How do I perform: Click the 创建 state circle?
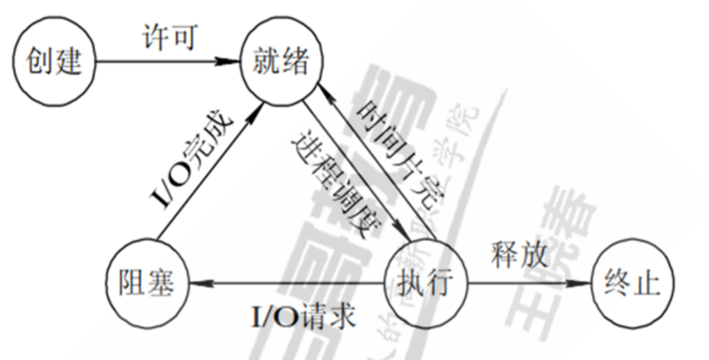[x=55, y=61]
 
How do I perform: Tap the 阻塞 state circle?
[x=146, y=282]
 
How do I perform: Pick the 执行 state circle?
[x=427, y=282]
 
